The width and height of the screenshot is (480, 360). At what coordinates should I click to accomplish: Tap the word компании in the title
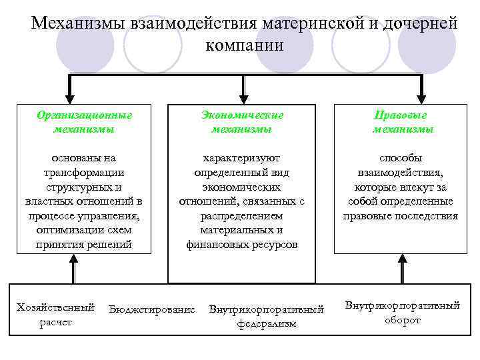tap(245, 45)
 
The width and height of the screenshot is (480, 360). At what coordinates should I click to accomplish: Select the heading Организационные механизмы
tap(83, 121)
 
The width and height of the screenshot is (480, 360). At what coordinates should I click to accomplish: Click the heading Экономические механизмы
tap(241, 121)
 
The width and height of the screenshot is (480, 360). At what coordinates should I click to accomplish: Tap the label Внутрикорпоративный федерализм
tap(266, 317)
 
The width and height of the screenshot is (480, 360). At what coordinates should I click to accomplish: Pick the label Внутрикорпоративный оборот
tap(402, 313)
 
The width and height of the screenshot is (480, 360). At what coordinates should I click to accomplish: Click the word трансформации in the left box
tap(83, 172)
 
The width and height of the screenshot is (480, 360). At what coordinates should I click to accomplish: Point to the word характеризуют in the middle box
tap(241, 158)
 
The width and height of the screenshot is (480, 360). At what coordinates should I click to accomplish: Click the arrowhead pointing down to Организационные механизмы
tap(67, 97)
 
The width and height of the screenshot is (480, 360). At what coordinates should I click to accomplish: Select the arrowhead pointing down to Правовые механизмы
tap(420, 97)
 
